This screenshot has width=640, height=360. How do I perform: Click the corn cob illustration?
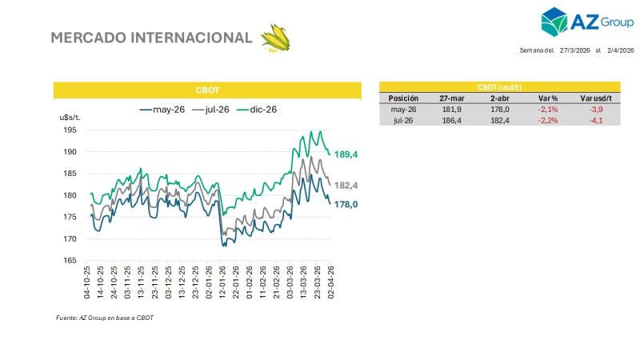276,38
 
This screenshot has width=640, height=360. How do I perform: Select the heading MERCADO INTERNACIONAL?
151,38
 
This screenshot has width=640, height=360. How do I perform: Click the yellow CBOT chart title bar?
207,90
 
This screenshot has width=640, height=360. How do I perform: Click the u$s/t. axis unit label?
70,118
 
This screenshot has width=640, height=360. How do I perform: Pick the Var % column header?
546,98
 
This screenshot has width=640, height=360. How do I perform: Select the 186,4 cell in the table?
450,120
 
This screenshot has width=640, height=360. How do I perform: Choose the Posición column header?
403,98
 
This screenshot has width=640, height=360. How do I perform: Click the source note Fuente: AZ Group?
104,318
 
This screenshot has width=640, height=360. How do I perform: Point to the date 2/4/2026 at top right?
621,50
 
